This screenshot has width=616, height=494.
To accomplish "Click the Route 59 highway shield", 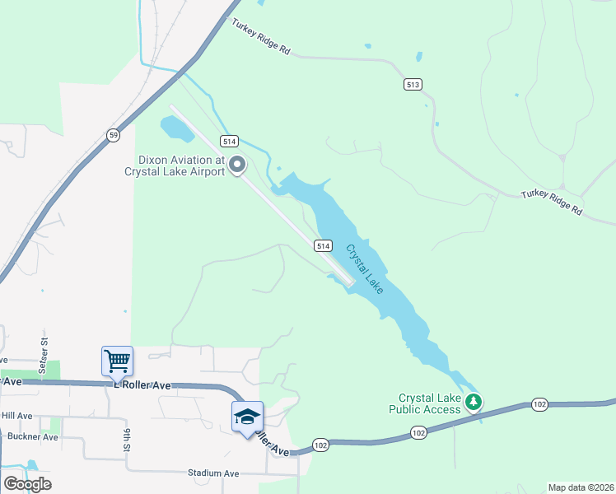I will [x=114, y=134].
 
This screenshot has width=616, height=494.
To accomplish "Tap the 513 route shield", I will [x=413, y=84].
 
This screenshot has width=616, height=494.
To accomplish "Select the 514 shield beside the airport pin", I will [x=229, y=141].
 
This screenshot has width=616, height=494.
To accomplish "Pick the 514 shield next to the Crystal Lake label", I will [x=322, y=246].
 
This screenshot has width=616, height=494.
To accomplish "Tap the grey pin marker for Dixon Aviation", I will [x=237, y=165].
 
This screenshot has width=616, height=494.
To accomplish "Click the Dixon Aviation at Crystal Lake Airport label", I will [x=175, y=166].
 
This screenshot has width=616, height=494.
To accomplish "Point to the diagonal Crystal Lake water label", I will [x=363, y=268].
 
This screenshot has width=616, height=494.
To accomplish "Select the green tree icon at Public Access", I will [x=473, y=403].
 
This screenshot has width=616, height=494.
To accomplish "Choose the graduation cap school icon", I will [x=246, y=417].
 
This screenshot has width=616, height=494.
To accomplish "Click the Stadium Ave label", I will [x=213, y=473].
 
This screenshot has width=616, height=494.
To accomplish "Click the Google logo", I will [x=27, y=484].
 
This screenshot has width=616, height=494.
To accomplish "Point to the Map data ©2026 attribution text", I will [x=581, y=487].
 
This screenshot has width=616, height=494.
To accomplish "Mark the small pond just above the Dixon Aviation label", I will [x=174, y=128].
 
